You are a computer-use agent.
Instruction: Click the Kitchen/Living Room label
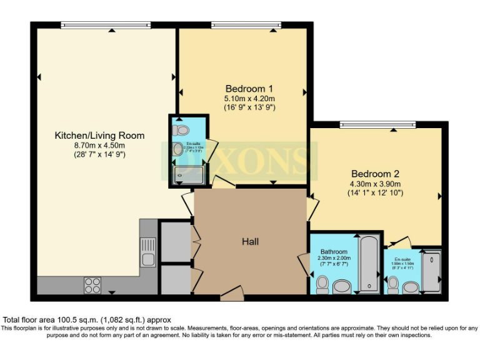point(99,136)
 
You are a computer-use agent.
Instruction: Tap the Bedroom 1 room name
point(249,88)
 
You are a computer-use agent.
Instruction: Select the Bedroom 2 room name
point(375,174)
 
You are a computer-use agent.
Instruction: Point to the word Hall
point(251,241)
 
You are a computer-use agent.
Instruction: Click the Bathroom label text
point(334,252)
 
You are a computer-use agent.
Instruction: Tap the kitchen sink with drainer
point(148,252)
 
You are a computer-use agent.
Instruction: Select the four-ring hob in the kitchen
point(92,285)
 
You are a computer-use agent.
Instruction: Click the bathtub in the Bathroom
point(369,264)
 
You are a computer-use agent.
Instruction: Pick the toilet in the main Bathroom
point(322,284)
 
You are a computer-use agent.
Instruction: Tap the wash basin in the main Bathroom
point(342,287)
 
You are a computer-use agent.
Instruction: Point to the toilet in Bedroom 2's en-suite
point(393,285)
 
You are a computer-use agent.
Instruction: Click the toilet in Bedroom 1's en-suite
point(181,130)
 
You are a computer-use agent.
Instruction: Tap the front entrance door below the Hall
point(232,293)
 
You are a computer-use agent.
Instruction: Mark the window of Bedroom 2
point(377,125)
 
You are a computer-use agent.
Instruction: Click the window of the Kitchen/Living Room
point(106,25)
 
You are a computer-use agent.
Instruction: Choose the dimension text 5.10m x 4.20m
point(249,98)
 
